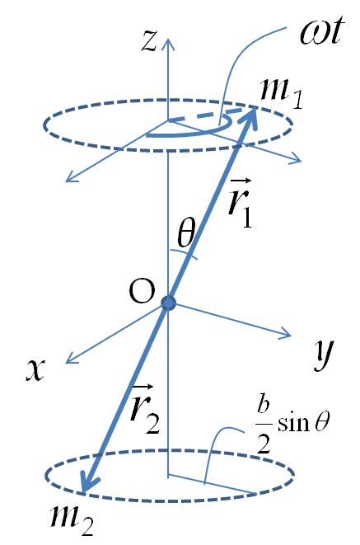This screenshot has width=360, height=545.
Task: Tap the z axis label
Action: [x=149, y=41]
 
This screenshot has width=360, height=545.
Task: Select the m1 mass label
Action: [x=282, y=92]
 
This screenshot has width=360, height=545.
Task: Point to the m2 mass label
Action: [x=72, y=520]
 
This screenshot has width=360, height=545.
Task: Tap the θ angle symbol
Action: [x=186, y=233]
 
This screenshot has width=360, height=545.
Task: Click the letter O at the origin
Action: [x=142, y=291]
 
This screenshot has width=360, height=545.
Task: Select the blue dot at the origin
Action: [x=169, y=303]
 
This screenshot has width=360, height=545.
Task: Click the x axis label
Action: [x=35, y=369]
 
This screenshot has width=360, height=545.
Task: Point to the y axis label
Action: [x=324, y=354]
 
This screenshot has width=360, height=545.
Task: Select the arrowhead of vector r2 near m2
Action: [x=86, y=483]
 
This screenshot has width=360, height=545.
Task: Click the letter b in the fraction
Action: [x=264, y=404]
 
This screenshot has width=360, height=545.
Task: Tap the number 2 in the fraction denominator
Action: [x=264, y=443]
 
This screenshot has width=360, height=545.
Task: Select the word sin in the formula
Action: [x=293, y=423]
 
